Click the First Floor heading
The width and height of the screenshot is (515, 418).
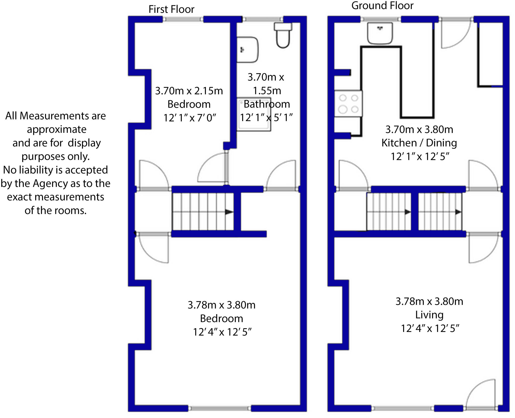pos(171,9)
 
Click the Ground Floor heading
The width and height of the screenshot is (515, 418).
pos(382,6)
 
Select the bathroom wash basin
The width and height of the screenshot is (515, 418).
pos(247,50)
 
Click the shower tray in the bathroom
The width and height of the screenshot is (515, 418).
pos(254,114)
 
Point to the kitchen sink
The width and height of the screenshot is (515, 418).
pos(380,33)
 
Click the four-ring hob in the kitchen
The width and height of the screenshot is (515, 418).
pos(348,103)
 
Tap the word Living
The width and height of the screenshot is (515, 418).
pos(429,315)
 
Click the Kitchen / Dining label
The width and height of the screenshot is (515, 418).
pos(419,143)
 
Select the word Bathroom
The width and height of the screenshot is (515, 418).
pos(267,104)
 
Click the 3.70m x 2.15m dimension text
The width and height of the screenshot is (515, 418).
pos(189,91)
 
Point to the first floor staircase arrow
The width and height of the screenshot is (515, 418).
pos(229,212)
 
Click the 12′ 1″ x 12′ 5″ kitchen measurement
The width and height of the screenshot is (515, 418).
pos(419,156)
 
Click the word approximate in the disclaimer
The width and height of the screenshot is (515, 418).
pos(57,129)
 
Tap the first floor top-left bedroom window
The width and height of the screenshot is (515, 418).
pos(183,19)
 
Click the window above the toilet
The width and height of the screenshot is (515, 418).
pos(263,19)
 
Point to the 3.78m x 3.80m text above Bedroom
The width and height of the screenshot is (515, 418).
pos(221,305)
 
